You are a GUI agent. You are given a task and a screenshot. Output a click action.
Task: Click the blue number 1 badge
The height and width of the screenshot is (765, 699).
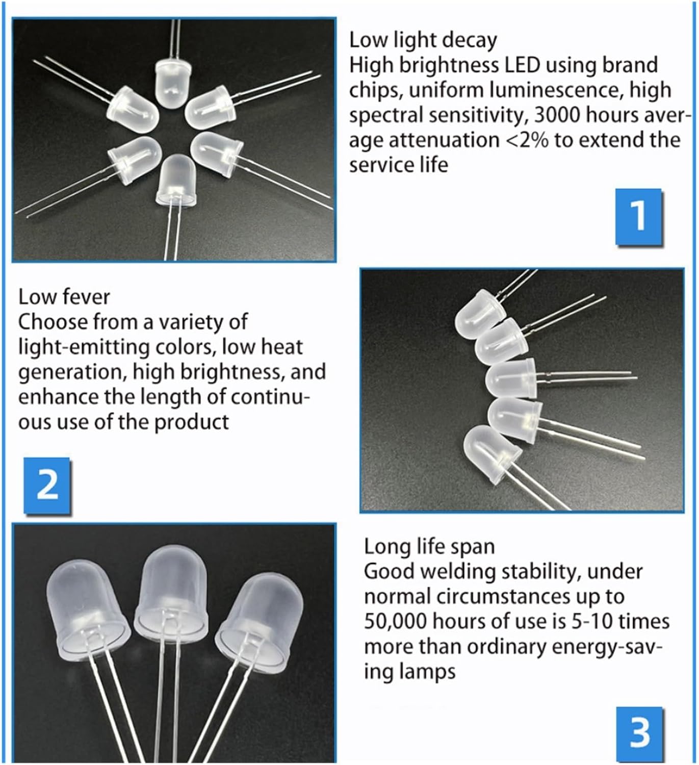click(x=639, y=216)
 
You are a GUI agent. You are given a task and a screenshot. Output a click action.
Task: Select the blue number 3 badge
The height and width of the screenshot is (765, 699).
click(x=639, y=732)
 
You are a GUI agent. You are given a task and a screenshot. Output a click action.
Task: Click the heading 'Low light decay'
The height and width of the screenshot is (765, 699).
click(x=423, y=40)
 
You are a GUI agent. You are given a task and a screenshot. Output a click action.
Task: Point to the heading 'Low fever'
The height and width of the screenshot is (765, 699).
click(x=64, y=297)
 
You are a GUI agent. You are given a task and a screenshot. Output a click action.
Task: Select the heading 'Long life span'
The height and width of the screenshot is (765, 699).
click(x=429, y=546)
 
